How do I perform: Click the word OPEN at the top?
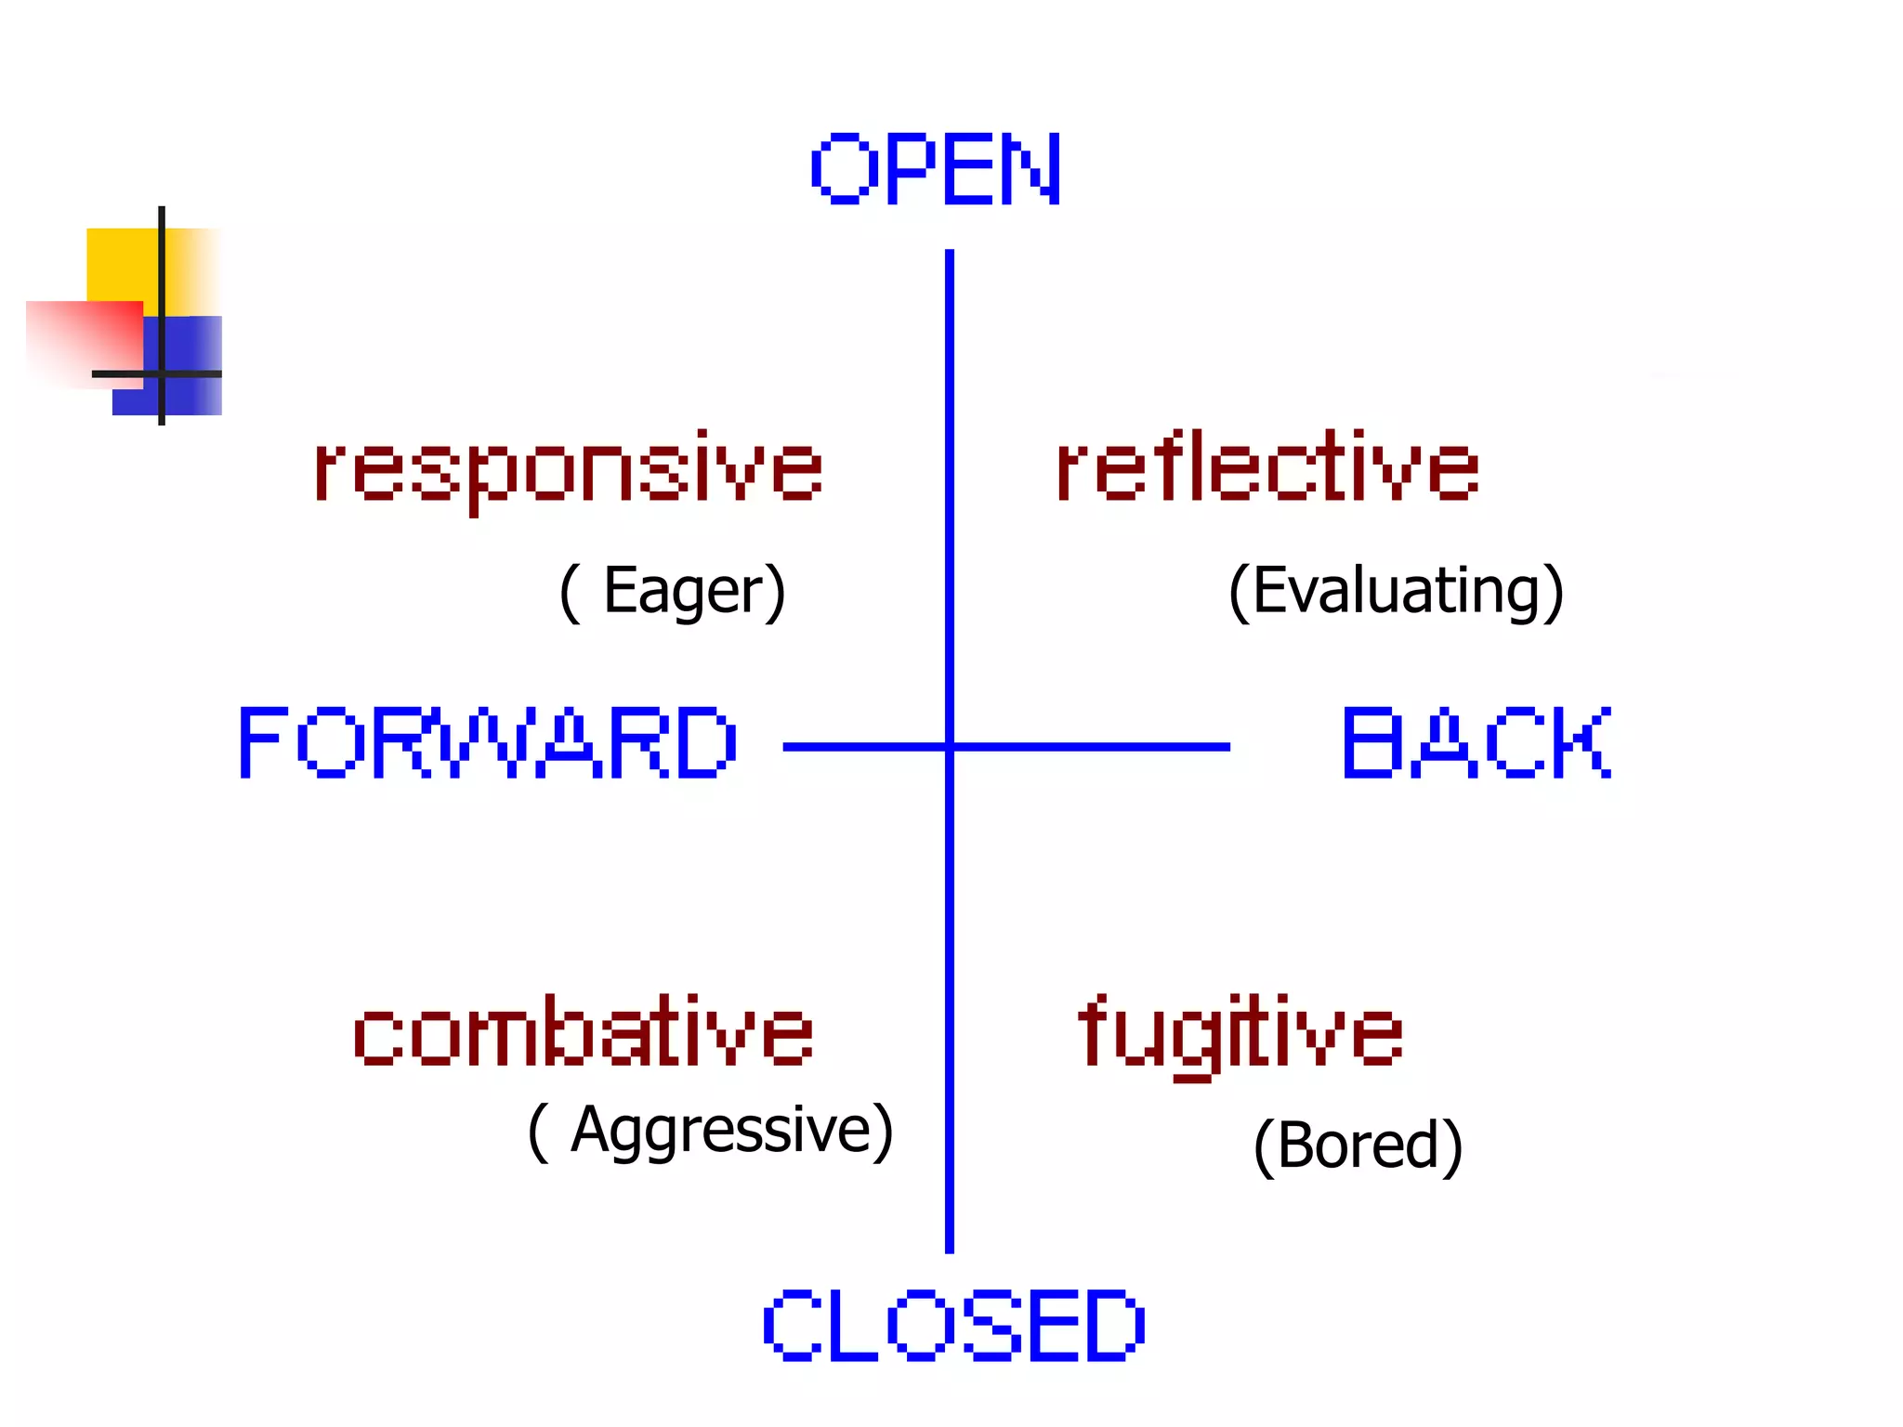click(x=936, y=168)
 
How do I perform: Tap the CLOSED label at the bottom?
click(x=953, y=1326)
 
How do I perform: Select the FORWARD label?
click(x=488, y=742)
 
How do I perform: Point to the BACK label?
click(x=1476, y=742)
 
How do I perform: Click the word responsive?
click(x=569, y=469)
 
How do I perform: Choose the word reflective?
click(x=1266, y=466)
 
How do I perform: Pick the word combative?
click(x=584, y=1031)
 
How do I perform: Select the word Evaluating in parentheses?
click(x=1397, y=591)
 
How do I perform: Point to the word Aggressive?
click(x=720, y=1131)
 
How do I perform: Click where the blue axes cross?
click(x=950, y=746)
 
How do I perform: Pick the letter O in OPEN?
click(x=841, y=168)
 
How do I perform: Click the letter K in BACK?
click(x=1583, y=742)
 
